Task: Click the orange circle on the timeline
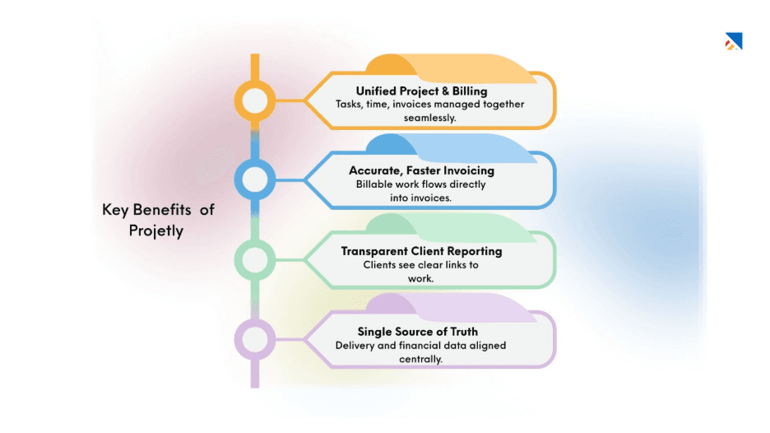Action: tap(254, 101)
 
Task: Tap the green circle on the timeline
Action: tap(254, 259)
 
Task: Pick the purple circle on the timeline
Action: tap(254, 339)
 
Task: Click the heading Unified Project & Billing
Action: tap(421, 91)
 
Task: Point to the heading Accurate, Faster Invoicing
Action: tap(421, 170)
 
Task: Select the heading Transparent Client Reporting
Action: tap(421, 250)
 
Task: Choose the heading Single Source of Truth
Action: tap(418, 331)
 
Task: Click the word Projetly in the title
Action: tap(156, 230)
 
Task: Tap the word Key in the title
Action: tap(114, 210)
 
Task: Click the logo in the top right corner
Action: tap(733, 41)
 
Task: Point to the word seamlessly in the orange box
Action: tap(429, 118)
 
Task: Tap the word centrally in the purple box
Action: tap(421, 359)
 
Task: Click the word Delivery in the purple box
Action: tap(356, 345)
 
